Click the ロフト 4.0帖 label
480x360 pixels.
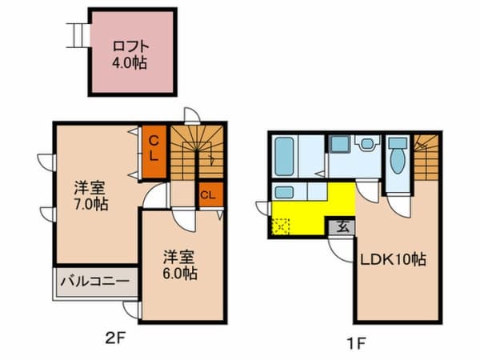pos(130,55)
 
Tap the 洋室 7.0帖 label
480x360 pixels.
pos(91,196)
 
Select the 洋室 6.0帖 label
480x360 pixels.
pos(179,265)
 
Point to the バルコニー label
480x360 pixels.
pos(95,282)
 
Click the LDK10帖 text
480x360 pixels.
pos(393,260)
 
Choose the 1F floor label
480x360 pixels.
pos(356,343)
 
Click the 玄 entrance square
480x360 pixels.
pos(342,227)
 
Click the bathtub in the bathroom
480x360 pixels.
pos(284,157)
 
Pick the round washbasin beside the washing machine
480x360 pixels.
pos(367,143)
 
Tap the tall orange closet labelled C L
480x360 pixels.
pos(154,152)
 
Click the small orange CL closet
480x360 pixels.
pos(210,194)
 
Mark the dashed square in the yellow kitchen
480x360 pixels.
pos(281,226)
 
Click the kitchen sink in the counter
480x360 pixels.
pos(284,193)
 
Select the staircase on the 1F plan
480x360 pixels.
pos(426,158)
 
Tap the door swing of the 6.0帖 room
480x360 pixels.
pos(183,219)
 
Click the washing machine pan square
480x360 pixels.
pos(341,144)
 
